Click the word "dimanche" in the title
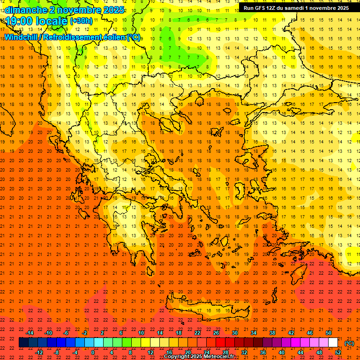click(26, 10)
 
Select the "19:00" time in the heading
click(20, 21)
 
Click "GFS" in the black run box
click(260, 8)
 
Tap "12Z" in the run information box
click(271, 8)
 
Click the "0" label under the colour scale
click(93, 352)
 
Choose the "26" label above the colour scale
click(216, 333)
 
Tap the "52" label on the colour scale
click(338, 352)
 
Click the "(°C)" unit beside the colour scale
click(349, 343)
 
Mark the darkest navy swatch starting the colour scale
click(23, 343)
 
